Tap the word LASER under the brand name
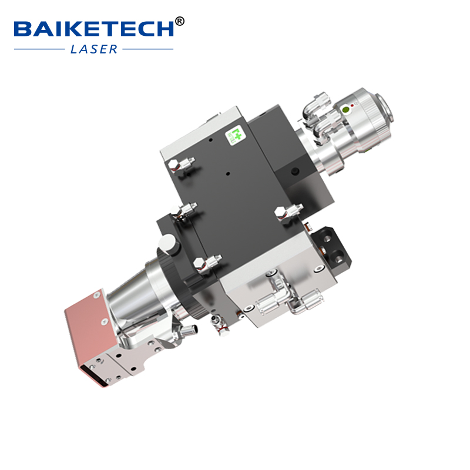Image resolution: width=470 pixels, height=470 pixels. (94, 49)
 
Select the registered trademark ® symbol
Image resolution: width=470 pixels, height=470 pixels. (180, 22)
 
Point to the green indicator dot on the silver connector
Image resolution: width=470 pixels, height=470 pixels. (346, 109)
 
